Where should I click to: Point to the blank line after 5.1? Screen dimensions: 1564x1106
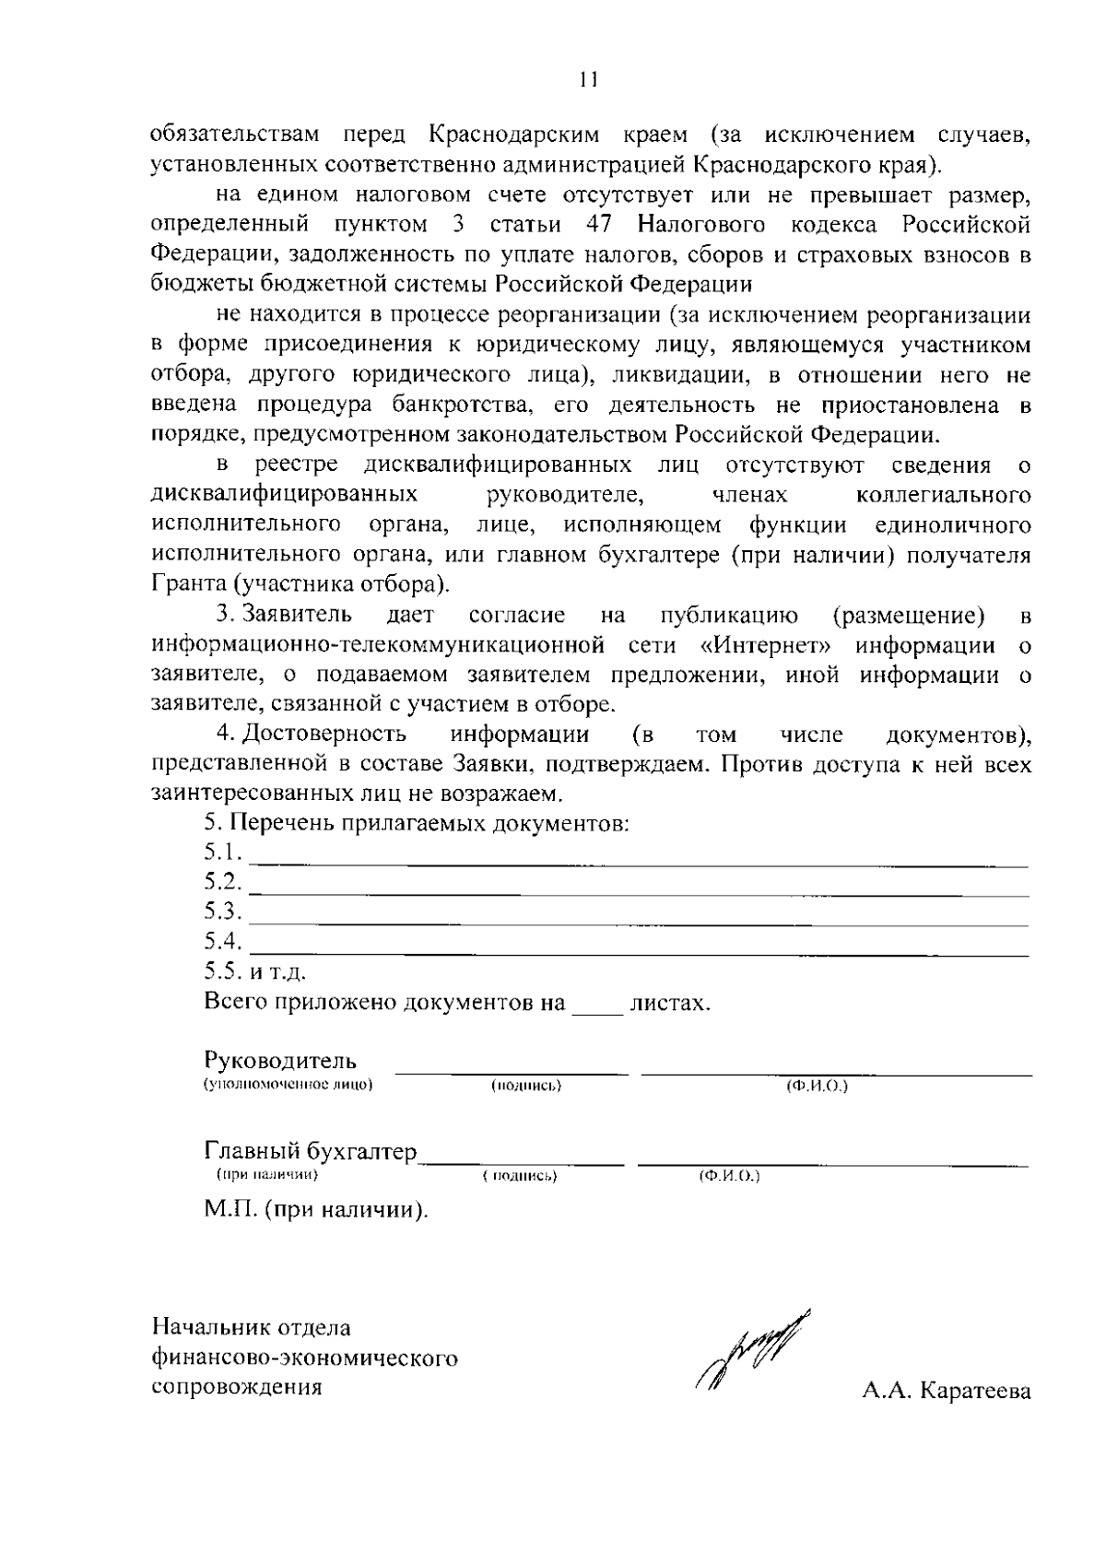click(640, 864)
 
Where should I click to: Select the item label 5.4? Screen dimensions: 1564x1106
click(223, 942)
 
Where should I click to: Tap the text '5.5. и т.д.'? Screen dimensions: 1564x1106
click(255, 971)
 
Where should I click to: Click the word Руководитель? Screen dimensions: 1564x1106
click(280, 1061)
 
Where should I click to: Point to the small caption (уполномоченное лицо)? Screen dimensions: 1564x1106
click(288, 1085)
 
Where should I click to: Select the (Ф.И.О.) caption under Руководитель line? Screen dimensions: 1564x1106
click(817, 1086)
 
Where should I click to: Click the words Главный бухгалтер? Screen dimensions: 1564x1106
click(311, 1151)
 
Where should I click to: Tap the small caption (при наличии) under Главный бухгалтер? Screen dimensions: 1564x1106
click(267, 1175)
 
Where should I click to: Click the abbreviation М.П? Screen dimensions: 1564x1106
click(230, 1208)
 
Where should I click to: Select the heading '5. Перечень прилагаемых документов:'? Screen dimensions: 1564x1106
click(417, 822)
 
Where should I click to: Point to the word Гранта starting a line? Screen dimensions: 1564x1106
click(190, 584)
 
